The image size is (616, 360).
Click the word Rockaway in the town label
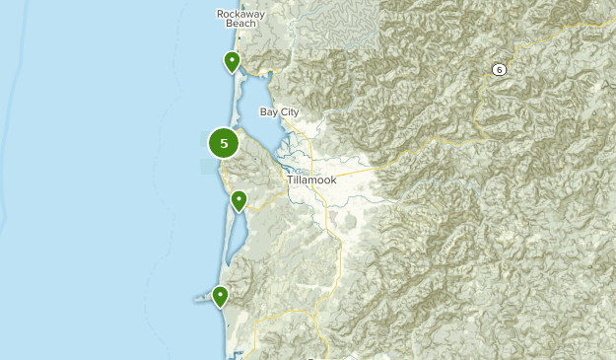pos(242,13)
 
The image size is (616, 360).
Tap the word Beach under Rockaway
pos(242,24)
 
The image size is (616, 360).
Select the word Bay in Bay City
pos(268,112)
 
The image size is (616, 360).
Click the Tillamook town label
pos(312,180)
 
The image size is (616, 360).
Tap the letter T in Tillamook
pos(291,180)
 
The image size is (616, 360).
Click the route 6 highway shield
pos(500,68)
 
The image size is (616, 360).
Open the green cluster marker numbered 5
pos(224,143)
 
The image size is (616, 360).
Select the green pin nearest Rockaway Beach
pos(232,62)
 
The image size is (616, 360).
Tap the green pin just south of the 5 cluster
pos(239,201)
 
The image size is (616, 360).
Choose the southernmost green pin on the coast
pos(220,295)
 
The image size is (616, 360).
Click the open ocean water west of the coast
pos(99,197)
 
